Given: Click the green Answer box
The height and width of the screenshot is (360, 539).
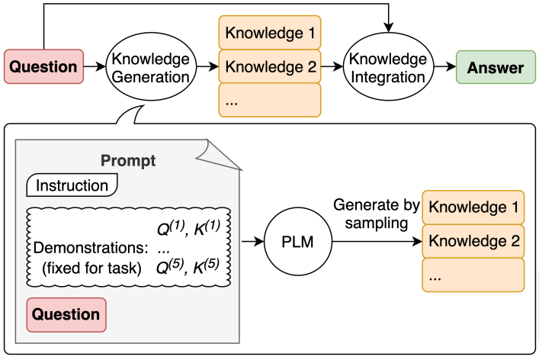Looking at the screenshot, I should tap(496, 67).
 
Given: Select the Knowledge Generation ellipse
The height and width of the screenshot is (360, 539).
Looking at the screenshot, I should tap(150, 67).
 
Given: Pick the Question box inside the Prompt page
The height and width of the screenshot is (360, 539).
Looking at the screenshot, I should tap(66, 314).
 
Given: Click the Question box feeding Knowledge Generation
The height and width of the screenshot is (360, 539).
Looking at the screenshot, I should tap(43, 67).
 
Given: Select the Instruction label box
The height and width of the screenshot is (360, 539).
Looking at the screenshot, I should tap(72, 185).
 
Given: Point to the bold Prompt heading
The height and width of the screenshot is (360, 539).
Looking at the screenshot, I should tap(128, 161).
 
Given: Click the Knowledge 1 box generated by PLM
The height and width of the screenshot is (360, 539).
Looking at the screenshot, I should tap(473, 207).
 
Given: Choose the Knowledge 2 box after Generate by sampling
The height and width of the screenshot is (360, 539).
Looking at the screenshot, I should tap(473, 242).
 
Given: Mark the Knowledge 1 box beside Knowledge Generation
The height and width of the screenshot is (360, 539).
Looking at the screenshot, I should tap(270, 33).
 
